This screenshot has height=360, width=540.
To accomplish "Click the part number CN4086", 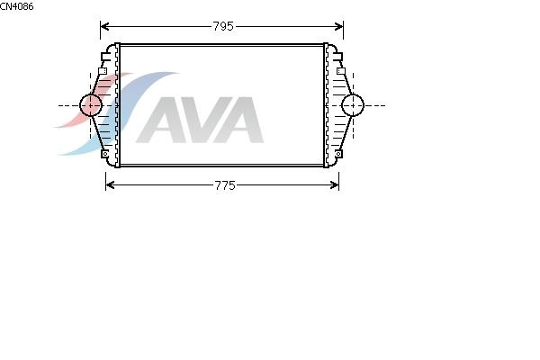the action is click(x=16, y=6).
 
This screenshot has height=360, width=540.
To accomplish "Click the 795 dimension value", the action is click(x=223, y=26).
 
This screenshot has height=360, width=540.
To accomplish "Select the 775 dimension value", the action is click(x=225, y=185).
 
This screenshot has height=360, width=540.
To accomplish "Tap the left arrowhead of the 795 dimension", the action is click(x=104, y=26).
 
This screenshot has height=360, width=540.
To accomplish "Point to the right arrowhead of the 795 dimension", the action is click(x=339, y=26).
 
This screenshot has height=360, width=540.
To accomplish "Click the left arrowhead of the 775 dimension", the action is click(x=110, y=185).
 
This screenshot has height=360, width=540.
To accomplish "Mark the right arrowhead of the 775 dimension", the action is click(x=335, y=185).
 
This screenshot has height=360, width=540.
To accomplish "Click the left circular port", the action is click(x=91, y=105).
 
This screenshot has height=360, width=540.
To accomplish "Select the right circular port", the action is click(x=353, y=105).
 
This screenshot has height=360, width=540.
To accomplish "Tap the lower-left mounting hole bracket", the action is click(x=105, y=154).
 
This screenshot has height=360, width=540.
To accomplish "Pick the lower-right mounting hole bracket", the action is click(x=338, y=154).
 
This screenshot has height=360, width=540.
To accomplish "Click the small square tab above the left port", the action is click(x=103, y=71).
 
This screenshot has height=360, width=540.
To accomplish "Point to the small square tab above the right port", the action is click(x=341, y=71).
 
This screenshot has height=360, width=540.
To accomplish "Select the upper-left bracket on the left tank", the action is click(x=105, y=57).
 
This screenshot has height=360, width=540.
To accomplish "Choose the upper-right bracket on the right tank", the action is click(x=337, y=57).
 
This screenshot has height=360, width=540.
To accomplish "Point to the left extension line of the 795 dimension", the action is click(x=101, y=31).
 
